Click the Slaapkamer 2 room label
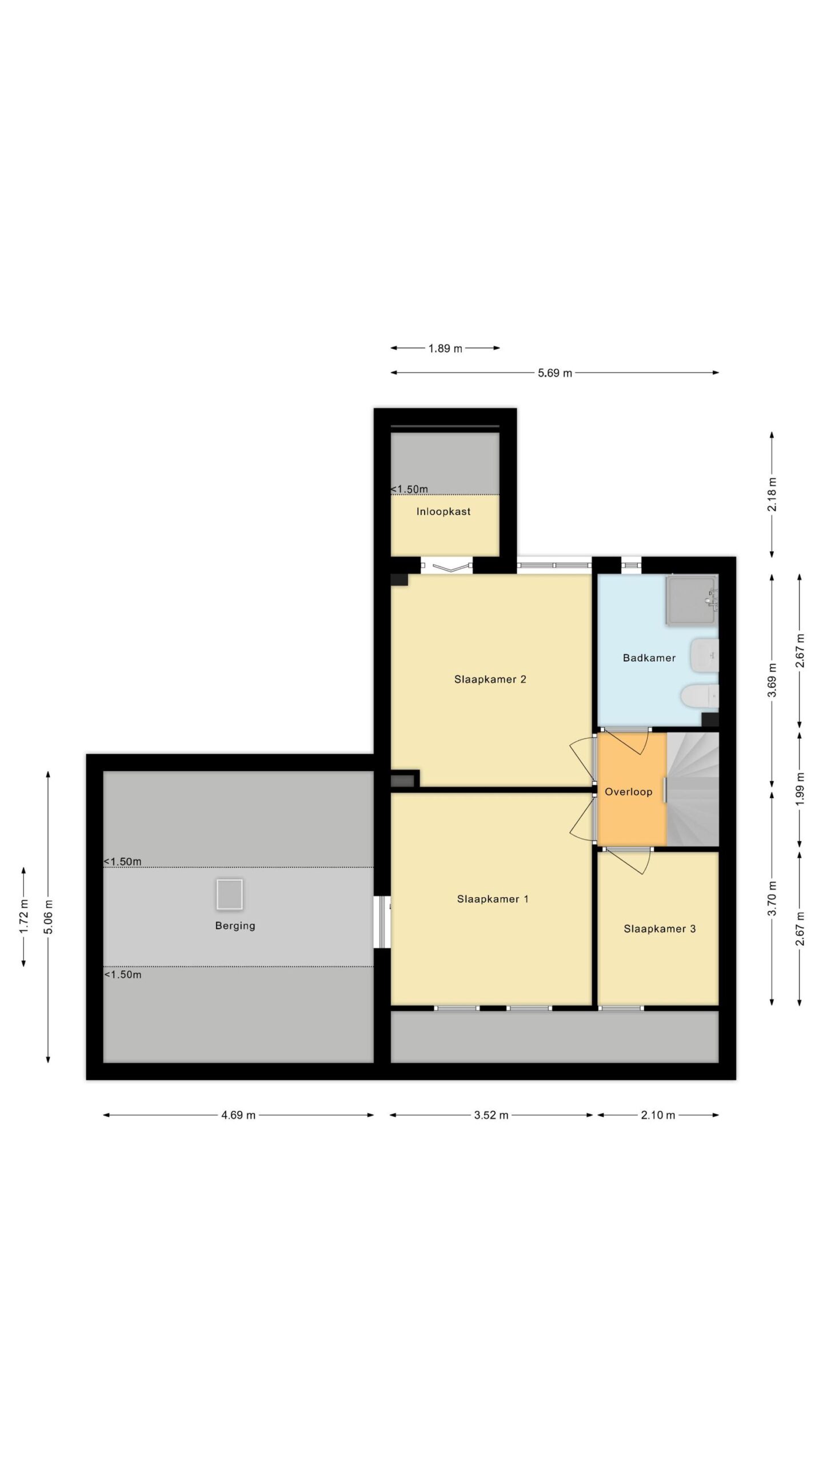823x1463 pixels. pyautogui.click(x=490, y=679)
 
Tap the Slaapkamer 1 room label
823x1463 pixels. pyautogui.click(x=493, y=899)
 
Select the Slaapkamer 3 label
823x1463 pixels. pyautogui.click(x=660, y=929)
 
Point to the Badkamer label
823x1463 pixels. pyautogui.click(x=649, y=658)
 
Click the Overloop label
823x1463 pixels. pyautogui.click(x=629, y=792)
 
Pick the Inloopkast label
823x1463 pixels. pyautogui.click(x=444, y=511)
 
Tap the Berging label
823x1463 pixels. pyautogui.click(x=235, y=926)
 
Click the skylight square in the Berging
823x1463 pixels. pyautogui.click(x=230, y=894)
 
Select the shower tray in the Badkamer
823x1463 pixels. pyautogui.click(x=691, y=601)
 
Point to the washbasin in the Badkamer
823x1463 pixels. pyautogui.click(x=704, y=655)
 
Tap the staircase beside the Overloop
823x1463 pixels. pyautogui.click(x=693, y=789)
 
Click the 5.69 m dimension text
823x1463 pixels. pyautogui.click(x=555, y=373)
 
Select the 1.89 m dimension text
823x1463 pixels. pyautogui.click(x=445, y=348)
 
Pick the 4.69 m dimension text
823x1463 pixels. pyautogui.click(x=238, y=1115)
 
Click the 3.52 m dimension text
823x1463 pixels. pyautogui.click(x=491, y=1115)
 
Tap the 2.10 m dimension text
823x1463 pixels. pyautogui.click(x=658, y=1115)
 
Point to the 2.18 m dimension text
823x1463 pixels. pyautogui.click(x=772, y=494)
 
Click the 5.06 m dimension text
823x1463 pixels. pyautogui.click(x=49, y=917)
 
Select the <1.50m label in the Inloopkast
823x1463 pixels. pyautogui.click(x=409, y=489)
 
